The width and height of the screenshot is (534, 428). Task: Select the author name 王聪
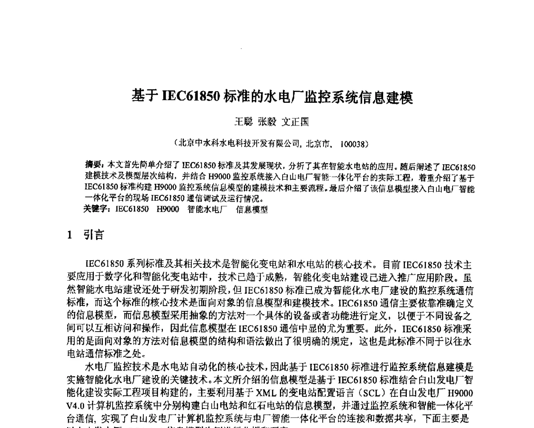243,121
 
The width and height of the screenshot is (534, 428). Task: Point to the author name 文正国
295,121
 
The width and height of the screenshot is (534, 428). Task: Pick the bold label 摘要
93,167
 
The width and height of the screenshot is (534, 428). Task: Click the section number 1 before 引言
69,234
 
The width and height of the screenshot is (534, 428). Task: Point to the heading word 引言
94,234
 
